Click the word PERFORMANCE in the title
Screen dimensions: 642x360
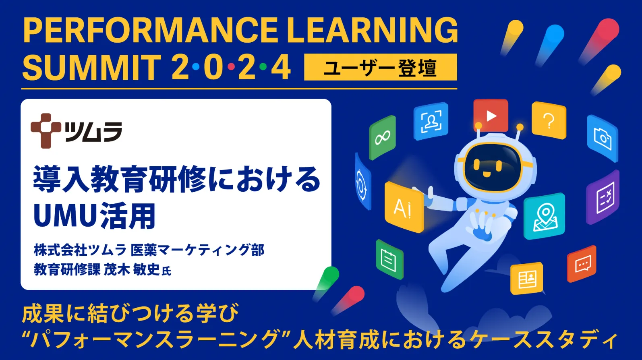[150, 30]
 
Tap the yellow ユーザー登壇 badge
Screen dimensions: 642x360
[380, 67]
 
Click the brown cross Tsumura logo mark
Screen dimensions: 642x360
[46, 131]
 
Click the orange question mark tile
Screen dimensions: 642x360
[549, 120]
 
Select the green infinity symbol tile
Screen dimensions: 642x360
[382, 138]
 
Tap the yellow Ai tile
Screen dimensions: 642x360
[404, 207]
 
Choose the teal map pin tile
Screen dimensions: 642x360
[544, 216]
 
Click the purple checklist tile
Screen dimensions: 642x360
[603, 197]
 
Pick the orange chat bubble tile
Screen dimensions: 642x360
[582, 264]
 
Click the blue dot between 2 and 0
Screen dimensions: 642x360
[196, 67]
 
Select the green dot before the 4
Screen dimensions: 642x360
[263, 67]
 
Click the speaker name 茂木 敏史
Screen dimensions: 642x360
[132, 269]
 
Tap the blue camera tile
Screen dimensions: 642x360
[603, 139]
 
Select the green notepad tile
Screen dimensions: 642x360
[389, 259]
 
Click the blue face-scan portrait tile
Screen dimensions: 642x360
[431, 121]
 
